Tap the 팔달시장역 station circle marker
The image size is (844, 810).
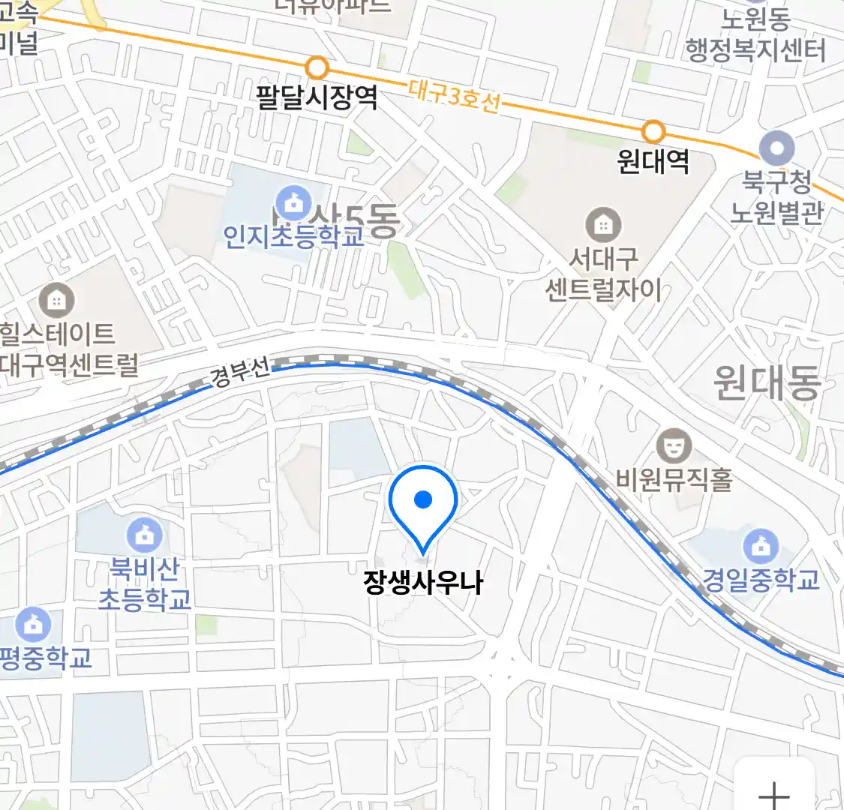click(318, 68)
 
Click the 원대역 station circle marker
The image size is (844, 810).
click(654, 132)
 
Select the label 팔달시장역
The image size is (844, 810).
click(317, 97)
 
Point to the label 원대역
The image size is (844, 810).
click(653, 161)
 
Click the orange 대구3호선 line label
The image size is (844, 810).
click(454, 96)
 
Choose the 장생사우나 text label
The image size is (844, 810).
click(423, 582)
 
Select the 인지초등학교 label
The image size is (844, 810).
click(293, 235)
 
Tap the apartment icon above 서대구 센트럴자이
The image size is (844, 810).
click(603, 224)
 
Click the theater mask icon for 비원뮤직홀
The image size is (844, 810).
click(674, 446)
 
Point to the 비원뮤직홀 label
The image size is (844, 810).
click(674, 478)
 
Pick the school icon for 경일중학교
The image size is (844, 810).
click(761, 546)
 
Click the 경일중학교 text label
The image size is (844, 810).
click(761, 580)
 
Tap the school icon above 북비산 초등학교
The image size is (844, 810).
click(145, 535)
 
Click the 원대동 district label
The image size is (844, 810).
click(767, 382)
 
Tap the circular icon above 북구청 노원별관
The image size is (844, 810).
click(776, 148)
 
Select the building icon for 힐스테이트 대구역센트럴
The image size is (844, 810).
click(56, 301)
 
